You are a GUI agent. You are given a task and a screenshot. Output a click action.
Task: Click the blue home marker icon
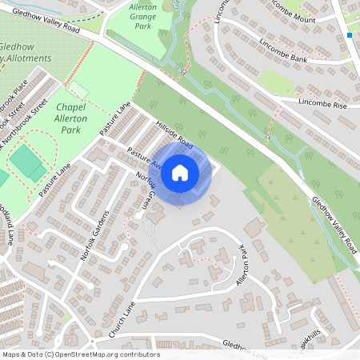click(x=180, y=173)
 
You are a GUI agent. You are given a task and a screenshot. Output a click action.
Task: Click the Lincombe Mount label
click(x=298, y=18)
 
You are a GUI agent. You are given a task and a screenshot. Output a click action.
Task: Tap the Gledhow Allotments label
click(x=26, y=53)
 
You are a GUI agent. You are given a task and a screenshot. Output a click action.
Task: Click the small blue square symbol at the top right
click(x=350, y=35)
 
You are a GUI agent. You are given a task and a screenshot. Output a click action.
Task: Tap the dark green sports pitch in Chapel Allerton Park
click(x=28, y=163)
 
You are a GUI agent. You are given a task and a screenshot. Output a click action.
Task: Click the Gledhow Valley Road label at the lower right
click(x=334, y=227)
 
